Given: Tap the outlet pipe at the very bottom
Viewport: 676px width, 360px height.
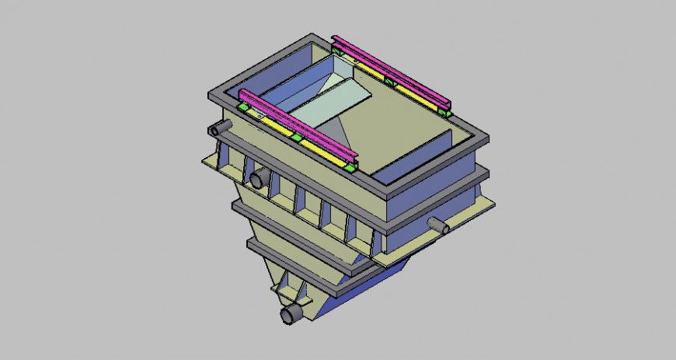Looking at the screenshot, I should pos(291,314).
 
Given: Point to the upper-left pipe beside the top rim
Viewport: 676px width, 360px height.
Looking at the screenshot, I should pos(217,129).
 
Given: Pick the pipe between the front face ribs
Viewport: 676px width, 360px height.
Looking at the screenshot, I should pos(258,180).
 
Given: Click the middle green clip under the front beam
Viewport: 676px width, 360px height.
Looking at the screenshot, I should pos(296,138).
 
